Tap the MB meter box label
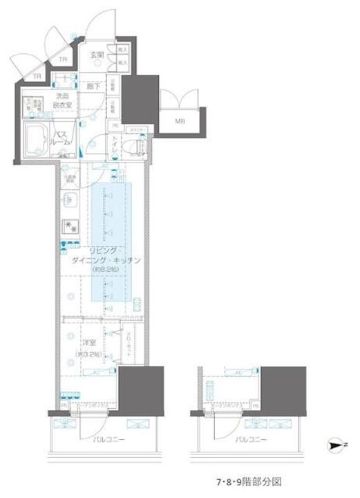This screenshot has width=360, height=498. (180, 122)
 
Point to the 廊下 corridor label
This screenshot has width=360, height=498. (95, 86)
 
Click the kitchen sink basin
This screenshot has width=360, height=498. (68, 200)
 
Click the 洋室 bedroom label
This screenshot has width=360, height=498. (87, 342)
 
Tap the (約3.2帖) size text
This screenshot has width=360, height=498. (89, 355)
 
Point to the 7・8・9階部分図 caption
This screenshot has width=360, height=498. (247, 480)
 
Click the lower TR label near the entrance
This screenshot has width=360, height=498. (37, 77)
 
